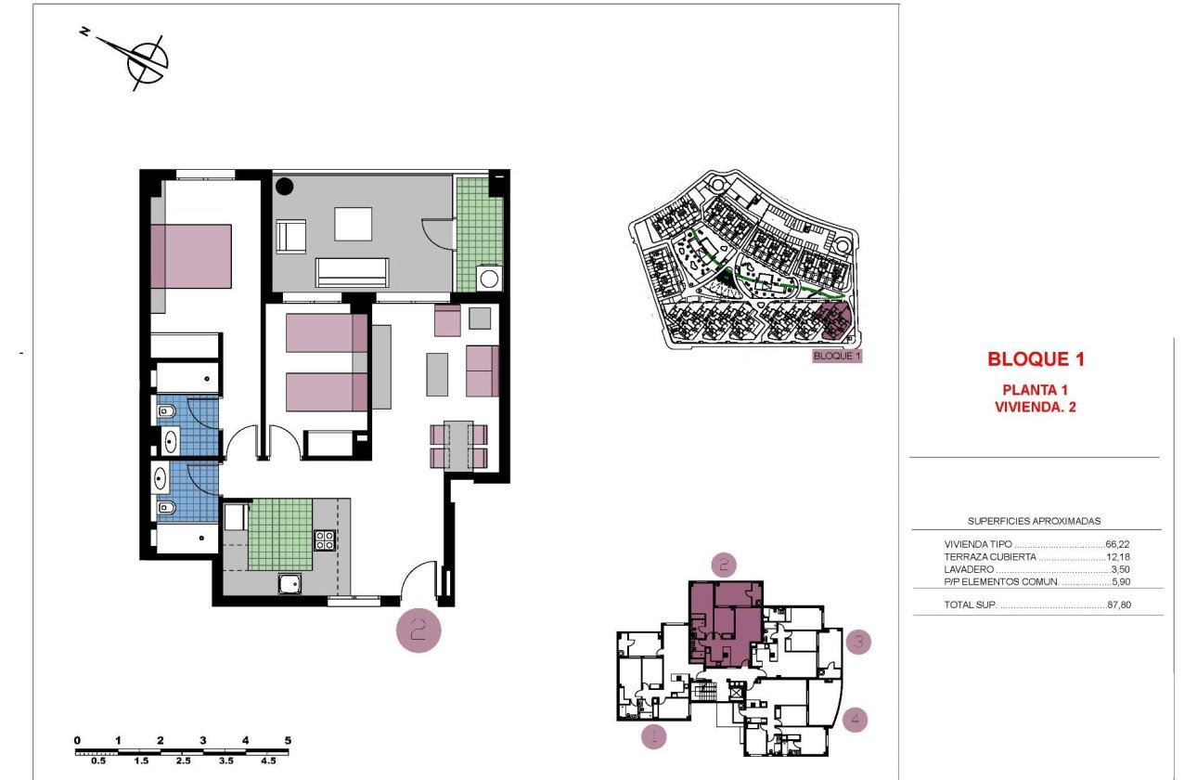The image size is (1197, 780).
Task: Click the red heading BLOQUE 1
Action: click(x=1036, y=359)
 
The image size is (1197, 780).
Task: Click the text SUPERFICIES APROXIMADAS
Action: click(x=1034, y=522)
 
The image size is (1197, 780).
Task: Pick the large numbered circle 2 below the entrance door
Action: click(x=418, y=630)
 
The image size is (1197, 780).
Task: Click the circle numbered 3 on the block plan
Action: click(x=858, y=641)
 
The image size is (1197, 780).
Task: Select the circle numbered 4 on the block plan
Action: click(x=856, y=718)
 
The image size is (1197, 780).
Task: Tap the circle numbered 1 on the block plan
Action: click(x=654, y=736)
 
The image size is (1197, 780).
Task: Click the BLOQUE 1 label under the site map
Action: click(x=837, y=356)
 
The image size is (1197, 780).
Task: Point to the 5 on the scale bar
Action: click(x=288, y=740)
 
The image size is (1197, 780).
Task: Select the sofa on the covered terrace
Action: click(x=353, y=272)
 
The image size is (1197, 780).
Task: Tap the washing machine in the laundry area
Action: click(x=488, y=278)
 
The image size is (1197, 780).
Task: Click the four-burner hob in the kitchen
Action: click(x=325, y=539)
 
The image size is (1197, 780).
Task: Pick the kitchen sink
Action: click(x=290, y=583)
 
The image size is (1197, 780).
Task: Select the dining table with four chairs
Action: click(x=459, y=445)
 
